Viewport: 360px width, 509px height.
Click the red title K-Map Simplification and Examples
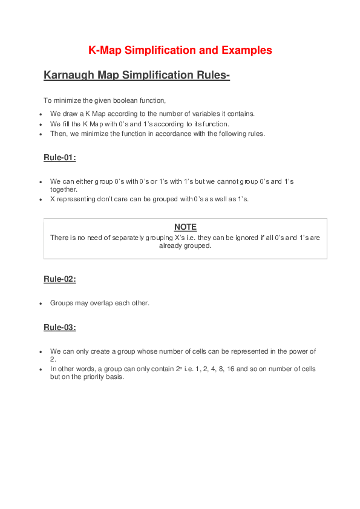[x=180, y=50]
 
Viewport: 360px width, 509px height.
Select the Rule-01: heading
[x=59, y=158]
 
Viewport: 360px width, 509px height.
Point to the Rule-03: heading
[x=59, y=328]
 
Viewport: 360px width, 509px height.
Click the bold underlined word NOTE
[x=185, y=227]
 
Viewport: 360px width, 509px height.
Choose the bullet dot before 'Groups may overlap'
[x=40, y=303]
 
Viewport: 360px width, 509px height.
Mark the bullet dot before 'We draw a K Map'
[x=40, y=114]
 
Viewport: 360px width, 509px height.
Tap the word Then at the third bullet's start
[x=57, y=134]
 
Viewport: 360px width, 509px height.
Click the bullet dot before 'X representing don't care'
[x=40, y=199]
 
